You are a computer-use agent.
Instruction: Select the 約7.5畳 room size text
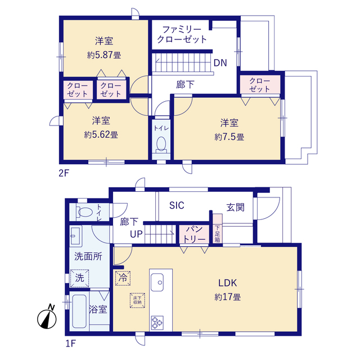pos(229,137)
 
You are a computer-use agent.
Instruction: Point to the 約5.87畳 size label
pos(104,55)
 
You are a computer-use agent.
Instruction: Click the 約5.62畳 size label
pos(101,134)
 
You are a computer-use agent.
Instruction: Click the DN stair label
pos(220,63)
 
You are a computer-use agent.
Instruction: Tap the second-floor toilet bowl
pos(160,143)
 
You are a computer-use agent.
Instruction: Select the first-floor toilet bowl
pos(85,212)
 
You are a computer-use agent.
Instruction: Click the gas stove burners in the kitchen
pos(156,323)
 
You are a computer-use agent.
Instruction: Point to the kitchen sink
pos(156,281)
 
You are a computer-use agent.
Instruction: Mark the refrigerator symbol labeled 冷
pos(123,277)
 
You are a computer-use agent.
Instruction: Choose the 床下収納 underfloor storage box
pos(138,300)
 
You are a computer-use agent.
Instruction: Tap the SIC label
pos(177,205)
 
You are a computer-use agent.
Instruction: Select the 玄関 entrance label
pos(236,207)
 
